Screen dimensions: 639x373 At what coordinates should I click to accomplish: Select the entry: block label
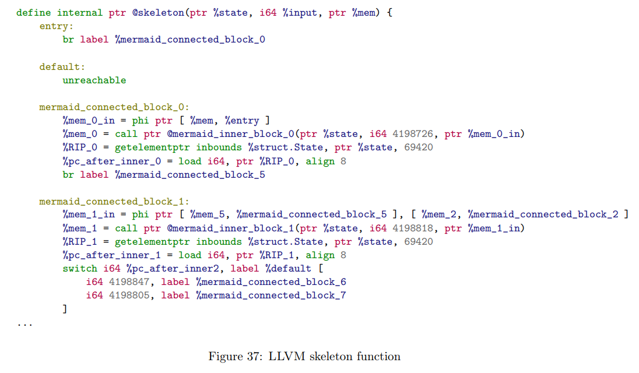point(57,26)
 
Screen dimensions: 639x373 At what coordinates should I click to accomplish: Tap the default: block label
point(62,66)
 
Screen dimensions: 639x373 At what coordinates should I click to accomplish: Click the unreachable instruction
point(94,80)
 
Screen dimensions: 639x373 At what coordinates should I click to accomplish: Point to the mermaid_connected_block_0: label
point(114,107)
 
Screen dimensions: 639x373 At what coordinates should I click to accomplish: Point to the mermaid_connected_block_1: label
point(114,202)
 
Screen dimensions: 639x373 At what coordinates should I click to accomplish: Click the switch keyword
point(79,269)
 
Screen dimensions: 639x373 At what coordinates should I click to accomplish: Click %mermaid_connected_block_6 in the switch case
point(271,282)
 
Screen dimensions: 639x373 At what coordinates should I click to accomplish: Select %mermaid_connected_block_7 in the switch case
point(271,295)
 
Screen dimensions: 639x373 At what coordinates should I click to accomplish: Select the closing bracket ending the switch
point(65,309)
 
